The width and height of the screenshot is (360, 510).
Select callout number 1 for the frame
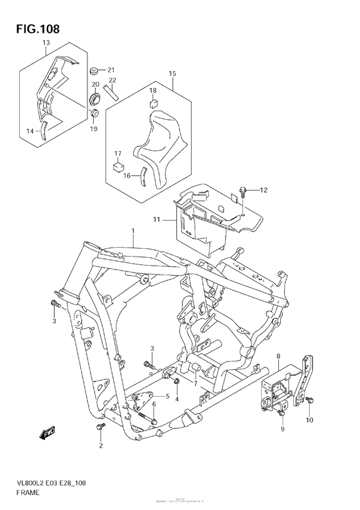tap(133, 231)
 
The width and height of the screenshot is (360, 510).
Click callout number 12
tap(263, 190)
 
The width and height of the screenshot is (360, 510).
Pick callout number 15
tap(172, 74)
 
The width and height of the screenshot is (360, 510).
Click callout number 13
tap(46, 42)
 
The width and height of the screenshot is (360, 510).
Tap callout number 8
tap(278, 356)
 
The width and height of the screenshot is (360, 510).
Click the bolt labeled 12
tap(243, 190)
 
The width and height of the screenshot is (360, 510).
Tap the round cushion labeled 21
tap(94, 70)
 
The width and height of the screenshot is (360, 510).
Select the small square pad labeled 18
tap(153, 102)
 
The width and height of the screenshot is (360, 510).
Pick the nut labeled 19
tap(93, 113)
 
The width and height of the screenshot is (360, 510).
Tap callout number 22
tap(112, 80)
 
